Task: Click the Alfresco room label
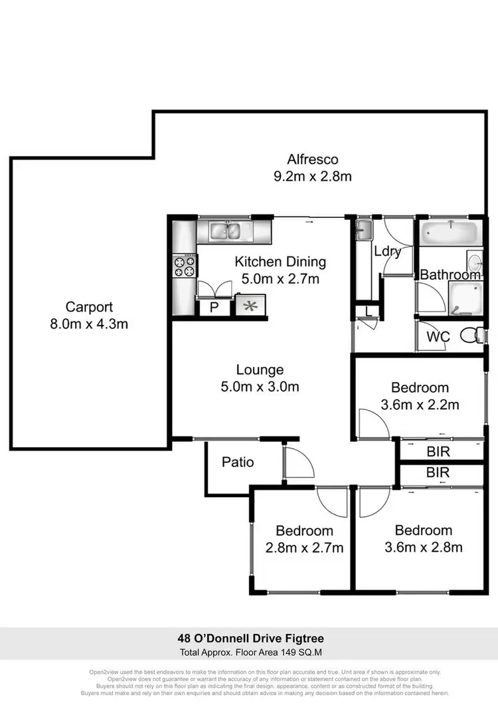pos(313,159)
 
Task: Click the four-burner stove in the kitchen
pos(185,266)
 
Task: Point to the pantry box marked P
pos(214,307)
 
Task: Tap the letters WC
pos(438,337)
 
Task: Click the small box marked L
pos(367,311)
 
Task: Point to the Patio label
pos(238,461)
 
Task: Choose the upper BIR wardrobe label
pos(438,452)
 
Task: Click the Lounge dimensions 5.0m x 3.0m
pos(260,386)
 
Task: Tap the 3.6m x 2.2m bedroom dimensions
pos(420,404)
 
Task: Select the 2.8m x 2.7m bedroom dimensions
pos(304,548)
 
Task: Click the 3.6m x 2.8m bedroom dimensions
pos(423,548)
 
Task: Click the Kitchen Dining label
pos(280,262)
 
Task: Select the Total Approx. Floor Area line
pos(249,653)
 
